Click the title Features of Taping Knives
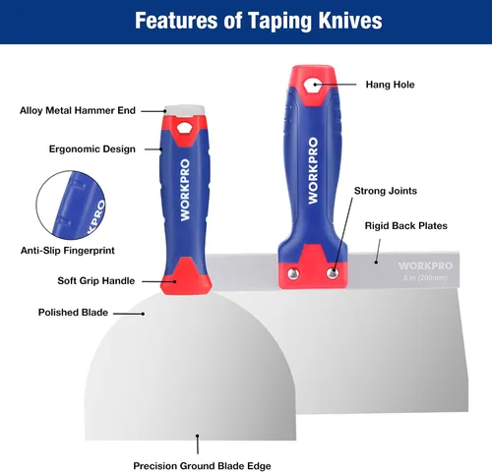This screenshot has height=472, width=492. [x=259, y=21]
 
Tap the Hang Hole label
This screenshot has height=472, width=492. [x=390, y=85]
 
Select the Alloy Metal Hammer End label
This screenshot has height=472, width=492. [x=78, y=110]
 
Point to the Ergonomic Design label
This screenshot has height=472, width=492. [x=92, y=149]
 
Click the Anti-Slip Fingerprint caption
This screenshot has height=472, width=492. [x=68, y=251]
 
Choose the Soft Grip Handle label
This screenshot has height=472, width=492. [x=96, y=281]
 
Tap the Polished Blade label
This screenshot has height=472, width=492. [x=73, y=313]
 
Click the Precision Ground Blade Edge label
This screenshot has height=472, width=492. [x=202, y=466]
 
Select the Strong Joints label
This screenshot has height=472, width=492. [x=386, y=191]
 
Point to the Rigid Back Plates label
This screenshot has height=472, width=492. [x=406, y=226]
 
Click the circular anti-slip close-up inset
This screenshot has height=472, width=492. [x=71, y=205]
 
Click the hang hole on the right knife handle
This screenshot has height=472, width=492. [x=312, y=86]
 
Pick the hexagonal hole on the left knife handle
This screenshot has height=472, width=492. [x=183, y=128]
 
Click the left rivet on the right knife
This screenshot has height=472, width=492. [x=293, y=273]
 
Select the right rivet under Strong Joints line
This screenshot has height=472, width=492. [x=333, y=273]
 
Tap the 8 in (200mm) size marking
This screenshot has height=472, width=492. [x=425, y=278]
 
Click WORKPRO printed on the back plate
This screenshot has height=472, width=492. [x=425, y=265]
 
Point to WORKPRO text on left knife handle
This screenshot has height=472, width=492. [x=185, y=190]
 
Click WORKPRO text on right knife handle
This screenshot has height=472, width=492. [x=313, y=171]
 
